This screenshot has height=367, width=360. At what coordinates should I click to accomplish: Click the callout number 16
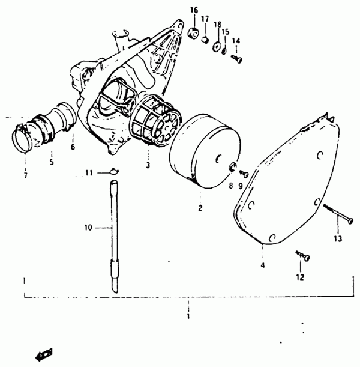pos(194,10)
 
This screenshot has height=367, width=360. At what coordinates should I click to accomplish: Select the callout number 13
pos(338,238)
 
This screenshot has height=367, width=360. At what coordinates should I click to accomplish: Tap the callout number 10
pos(88,228)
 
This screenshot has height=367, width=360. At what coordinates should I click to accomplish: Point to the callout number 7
pos(25,175)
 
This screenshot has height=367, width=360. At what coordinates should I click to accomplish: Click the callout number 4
pos(263,265)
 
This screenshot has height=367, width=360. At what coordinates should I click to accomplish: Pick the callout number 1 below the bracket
pos(188,317)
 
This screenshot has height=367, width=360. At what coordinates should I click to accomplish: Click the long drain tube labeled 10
pos(114,236)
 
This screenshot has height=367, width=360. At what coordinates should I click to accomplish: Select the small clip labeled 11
pos(114,171)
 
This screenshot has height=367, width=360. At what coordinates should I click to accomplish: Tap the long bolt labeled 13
pos(338,213)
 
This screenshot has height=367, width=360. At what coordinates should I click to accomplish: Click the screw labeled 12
pos(303,255)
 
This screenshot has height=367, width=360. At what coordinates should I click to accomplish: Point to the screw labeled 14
pos(236,58)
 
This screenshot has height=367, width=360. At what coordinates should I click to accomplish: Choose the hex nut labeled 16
pos(194,33)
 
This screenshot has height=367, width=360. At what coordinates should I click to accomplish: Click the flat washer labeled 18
pos(217,46)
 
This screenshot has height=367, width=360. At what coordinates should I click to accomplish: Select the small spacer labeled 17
pos(205,40)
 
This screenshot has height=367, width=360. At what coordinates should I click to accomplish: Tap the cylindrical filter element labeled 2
pos(205,151)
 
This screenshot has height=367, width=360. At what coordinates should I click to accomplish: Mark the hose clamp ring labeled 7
pos(22,139)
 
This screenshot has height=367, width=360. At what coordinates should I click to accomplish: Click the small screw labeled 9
pos(244,174)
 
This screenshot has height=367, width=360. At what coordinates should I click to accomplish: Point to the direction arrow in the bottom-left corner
pos(44,355)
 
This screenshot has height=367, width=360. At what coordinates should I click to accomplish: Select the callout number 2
pos(200,208)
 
